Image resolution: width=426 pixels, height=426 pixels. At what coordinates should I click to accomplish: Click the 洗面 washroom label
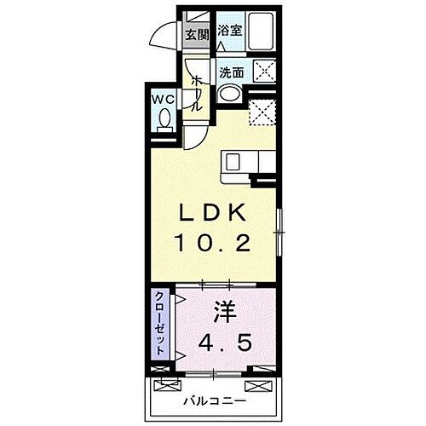tap(231, 72)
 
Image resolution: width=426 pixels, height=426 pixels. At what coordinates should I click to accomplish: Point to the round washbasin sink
tap(226, 93)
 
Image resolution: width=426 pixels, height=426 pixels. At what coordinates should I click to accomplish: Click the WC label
tap(164, 99)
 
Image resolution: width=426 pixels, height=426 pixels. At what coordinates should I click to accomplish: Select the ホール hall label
tap(197, 91)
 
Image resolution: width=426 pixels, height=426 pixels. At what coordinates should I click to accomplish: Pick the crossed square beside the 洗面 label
tap(263, 72)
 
